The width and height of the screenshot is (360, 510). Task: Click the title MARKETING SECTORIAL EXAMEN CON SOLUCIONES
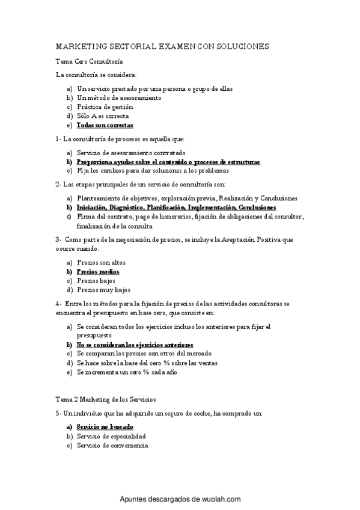coord(162,46)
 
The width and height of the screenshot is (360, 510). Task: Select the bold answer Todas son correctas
coord(105,125)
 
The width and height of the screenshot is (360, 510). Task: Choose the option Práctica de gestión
coord(105,106)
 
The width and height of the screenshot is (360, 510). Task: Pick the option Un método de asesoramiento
coord(119,97)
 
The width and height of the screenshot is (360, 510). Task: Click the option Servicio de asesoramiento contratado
coord(131,153)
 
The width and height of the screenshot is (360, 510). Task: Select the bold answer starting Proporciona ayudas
coord(168,162)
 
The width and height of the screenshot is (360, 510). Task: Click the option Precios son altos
coord(101,262)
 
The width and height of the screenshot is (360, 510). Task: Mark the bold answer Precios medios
coord(98,271)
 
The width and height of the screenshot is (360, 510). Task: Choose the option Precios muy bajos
coord(103,290)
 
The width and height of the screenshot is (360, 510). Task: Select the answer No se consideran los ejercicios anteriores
coord(135,345)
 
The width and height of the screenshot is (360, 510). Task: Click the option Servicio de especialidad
coord(111,436)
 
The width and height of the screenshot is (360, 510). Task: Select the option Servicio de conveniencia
coord(112,445)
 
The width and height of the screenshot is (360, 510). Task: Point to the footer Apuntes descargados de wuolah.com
coord(180,499)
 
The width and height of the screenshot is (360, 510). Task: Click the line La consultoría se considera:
coord(96,75)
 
